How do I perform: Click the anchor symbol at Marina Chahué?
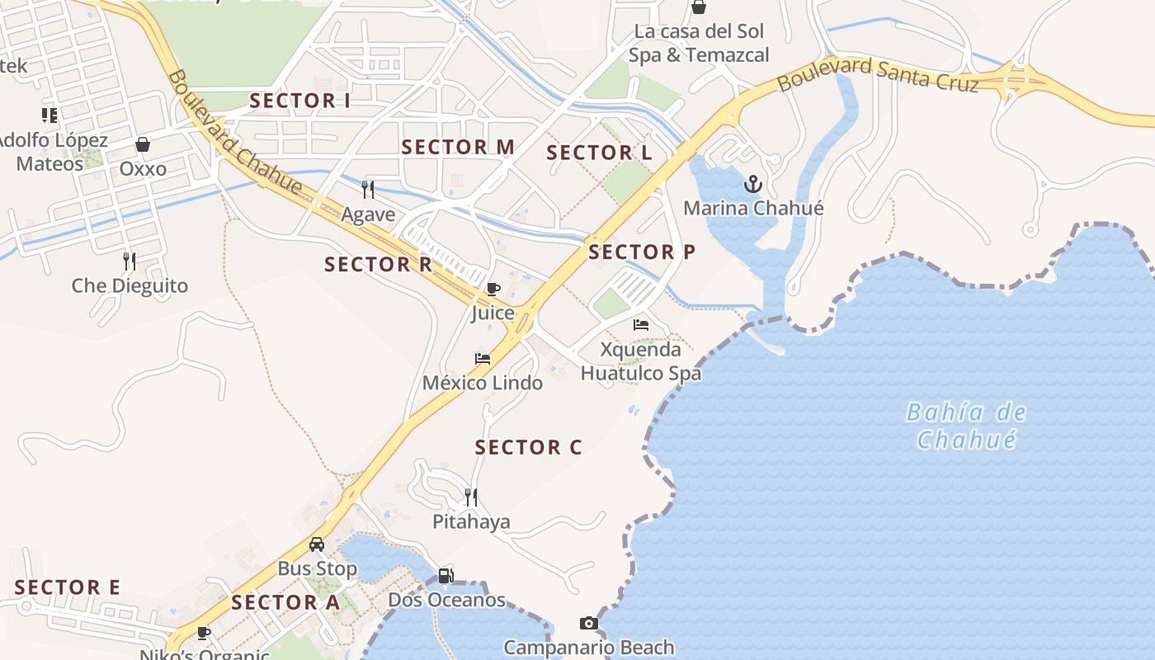tap(752, 183)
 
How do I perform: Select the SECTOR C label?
tap(529, 448)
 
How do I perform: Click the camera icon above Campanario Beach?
tap(589, 623)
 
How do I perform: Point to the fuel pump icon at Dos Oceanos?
tap(445, 575)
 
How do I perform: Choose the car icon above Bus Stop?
tap(317, 544)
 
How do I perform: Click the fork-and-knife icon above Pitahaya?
tap(471, 497)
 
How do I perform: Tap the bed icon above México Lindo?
tap(483, 359)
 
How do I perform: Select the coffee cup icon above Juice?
tap(493, 289)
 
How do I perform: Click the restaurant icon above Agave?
tap(368, 190)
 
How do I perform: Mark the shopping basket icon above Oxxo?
tap(143, 144)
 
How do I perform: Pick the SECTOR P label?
tap(642, 252)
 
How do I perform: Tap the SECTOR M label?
tap(458, 148)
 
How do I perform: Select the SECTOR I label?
tap(300, 101)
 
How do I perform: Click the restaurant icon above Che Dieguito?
tap(130, 262)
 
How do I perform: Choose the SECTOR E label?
tap(68, 588)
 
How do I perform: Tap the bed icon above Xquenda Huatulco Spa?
tap(641, 325)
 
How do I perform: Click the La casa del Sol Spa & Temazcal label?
tap(699, 44)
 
